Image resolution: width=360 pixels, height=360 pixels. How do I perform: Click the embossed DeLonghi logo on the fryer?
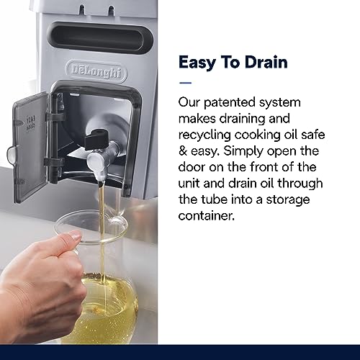96,72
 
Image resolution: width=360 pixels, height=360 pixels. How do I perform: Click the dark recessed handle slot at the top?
100,37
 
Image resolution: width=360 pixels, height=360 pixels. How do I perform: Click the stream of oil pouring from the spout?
103,240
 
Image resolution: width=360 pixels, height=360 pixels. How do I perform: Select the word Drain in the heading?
266,62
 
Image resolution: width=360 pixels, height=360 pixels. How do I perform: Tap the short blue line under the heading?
185,83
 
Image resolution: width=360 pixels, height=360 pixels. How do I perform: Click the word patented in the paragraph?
225,102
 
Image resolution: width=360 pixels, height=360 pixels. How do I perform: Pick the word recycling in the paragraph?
204,135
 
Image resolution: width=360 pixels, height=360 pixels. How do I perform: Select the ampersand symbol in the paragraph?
183,151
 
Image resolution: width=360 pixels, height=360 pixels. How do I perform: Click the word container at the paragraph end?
207,215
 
